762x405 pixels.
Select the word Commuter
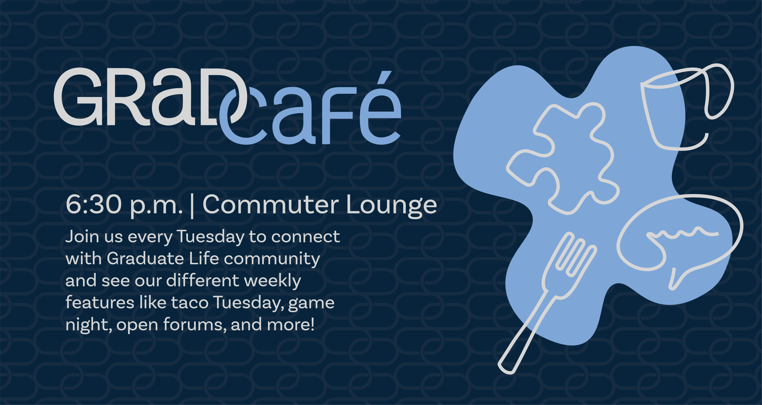tap(271, 205)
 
